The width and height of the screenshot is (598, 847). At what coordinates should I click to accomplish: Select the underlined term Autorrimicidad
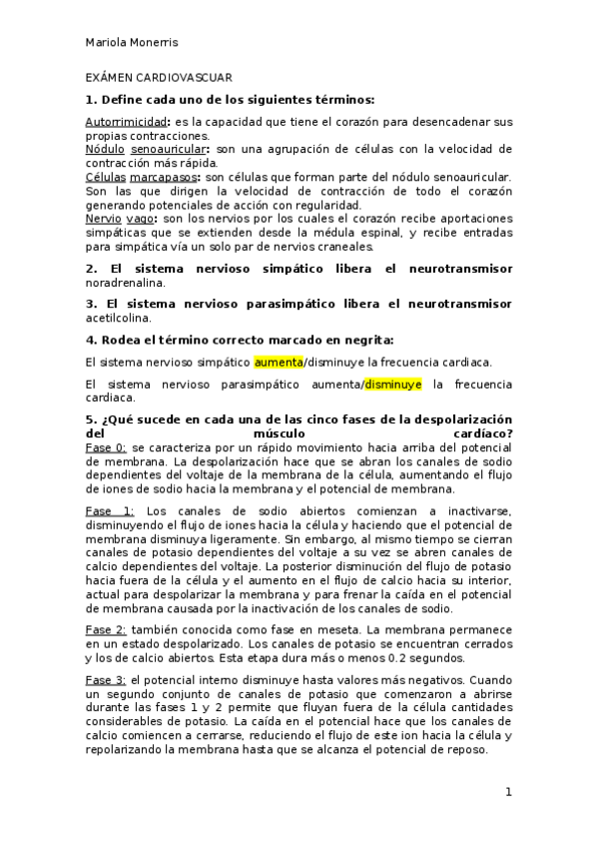pyautogui.click(x=124, y=122)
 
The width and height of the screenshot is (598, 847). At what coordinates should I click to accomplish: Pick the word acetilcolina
pyautogui.click(x=117, y=317)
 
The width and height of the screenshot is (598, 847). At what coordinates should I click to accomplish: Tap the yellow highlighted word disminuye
pyautogui.click(x=392, y=384)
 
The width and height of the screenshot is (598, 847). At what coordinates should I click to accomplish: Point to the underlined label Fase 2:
pyautogui.click(x=106, y=630)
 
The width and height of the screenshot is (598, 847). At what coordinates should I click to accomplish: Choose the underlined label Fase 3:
pyautogui.click(x=106, y=679)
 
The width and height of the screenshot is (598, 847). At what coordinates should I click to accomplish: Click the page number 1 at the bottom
pyautogui.click(x=508, y=793)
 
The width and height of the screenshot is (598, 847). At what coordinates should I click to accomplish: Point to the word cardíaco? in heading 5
pyautogui.click(x=481, y=432)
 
